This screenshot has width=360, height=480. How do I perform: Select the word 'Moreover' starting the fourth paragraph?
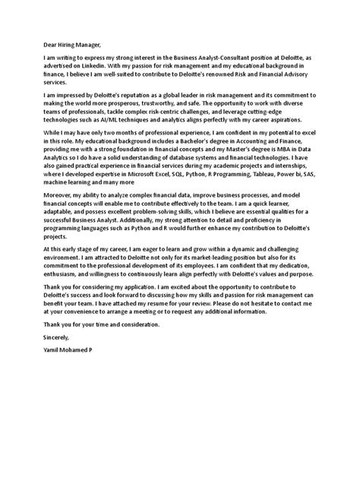coord(62,197)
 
